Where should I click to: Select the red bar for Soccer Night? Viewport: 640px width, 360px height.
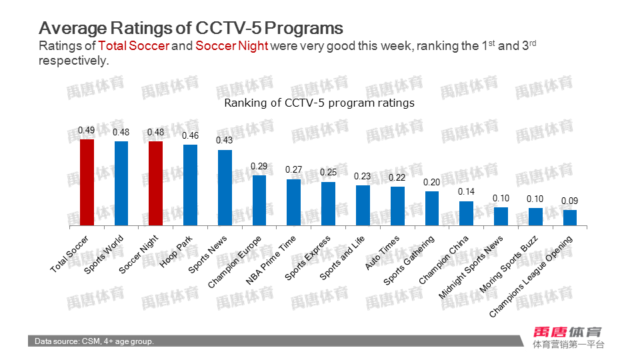point(155,183)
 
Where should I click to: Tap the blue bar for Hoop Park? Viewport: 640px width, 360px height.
point(190,185)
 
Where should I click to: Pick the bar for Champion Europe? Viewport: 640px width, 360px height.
point(259,200)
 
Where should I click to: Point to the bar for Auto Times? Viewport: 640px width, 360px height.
point(397,206)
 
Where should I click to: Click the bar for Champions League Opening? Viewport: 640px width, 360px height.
point(570,217)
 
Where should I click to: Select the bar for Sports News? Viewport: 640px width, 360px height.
point(225,187)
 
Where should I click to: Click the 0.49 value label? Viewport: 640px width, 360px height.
point(86,130)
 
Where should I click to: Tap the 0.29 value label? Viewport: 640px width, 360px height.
point(259,166)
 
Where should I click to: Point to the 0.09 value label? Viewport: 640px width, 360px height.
point(569,201)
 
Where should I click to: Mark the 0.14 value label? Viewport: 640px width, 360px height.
point(466,192)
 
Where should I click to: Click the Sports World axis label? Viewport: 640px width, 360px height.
point(105,253)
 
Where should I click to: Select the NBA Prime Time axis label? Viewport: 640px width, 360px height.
point(272,260)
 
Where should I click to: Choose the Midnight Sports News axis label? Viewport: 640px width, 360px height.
point(471,267)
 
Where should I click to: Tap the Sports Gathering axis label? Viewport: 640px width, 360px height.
point(409,260)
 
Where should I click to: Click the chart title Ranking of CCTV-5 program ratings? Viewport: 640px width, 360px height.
point(319,103)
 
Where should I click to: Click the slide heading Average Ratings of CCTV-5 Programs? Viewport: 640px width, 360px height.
point(191,28)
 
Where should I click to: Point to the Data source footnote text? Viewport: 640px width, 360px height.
point(95,341)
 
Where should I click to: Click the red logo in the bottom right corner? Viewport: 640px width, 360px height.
point(567,331)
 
